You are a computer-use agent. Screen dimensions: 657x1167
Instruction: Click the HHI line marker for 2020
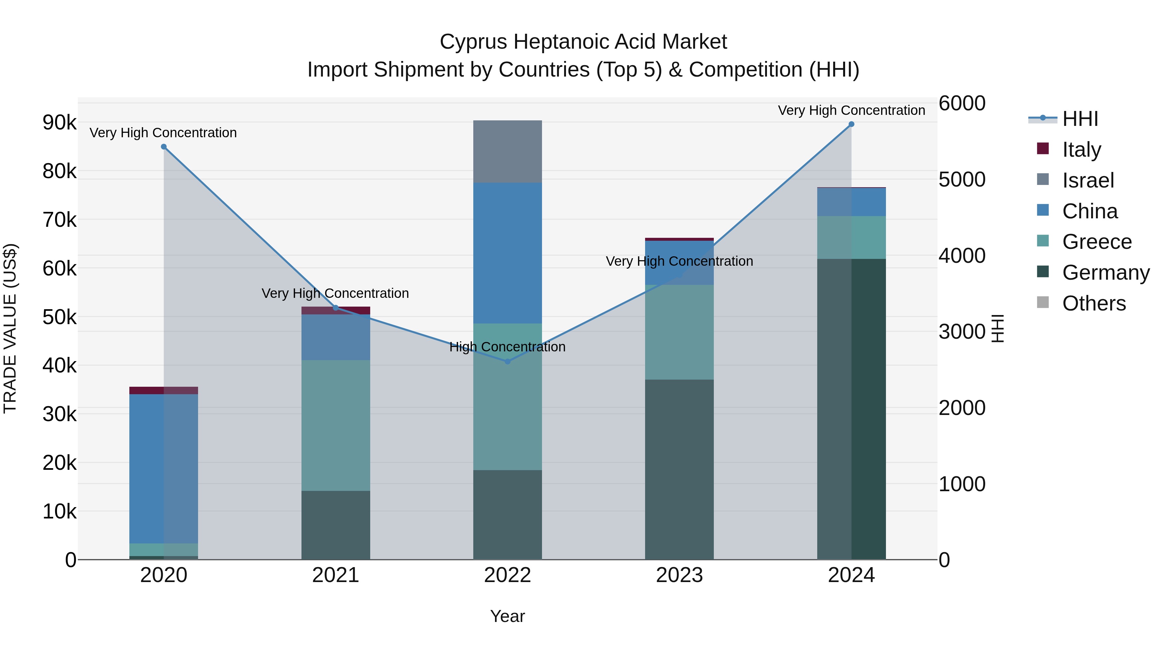pyautogui.click(x=164, y=146)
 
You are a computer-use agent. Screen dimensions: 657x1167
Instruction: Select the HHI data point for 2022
pyautogui.click(x=507, y=361)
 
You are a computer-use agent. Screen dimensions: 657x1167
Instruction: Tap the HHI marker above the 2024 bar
pyautogui.click(x=851, y=124)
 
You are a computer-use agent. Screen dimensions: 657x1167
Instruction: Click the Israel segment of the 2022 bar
pyautogui.click(x=507, y=152)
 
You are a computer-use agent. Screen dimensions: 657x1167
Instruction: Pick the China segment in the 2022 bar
pyautogui.click(x=507, y=253)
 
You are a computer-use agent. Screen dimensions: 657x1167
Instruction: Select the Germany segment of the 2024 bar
pyautogui.click(x=851, y=408)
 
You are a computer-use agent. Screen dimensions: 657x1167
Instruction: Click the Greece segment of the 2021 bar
pyautogui.click(x=336, y=425)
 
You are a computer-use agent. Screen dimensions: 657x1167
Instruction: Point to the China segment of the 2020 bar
pyautogui.click(x=164, y=468)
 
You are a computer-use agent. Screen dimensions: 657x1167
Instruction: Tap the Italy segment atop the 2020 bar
pyautogui.click(x=164, y=390)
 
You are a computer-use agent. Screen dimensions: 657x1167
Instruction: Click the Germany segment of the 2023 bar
pyautogui.click(x=679, y=469)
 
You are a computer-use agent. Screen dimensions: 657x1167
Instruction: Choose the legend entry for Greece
pyautogui.click(x=1096, y=242)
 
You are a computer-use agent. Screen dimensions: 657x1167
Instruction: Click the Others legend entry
pyautogui.click(x=1094, y=303)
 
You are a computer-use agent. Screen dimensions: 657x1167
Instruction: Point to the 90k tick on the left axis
pyautogui.click(x=59, y=122)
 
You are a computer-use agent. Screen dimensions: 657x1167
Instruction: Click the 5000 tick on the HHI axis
pyautogui.click(x=962, y=179)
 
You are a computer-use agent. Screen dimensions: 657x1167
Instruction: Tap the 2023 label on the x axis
pyautogui.click(x=679, y=575)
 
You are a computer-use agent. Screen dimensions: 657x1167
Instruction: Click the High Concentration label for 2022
pyautogui.click(x=507, y=347)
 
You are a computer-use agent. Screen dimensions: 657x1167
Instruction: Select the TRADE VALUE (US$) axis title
pyautogui.click(x=10, y=328)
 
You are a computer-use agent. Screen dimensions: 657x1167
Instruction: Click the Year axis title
pyautogui.click(x=507, y=616)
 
